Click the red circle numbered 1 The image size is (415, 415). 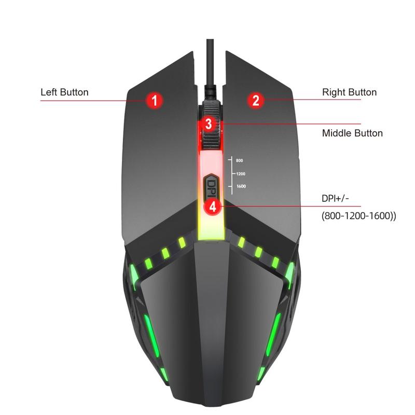[x=154, y=100]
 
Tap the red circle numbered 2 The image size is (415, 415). [x=256, y=100]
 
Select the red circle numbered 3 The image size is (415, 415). [x=209, y=124]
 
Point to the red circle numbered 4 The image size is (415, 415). [x=213, y=206]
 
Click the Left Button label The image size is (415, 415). [x=64, y=92]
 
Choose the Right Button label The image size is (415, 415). [x=349, y=92]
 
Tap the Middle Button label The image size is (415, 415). [x=352, y=133]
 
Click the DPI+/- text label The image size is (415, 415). [x=335, y=198]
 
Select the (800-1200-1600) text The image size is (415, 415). [x=359, y=216]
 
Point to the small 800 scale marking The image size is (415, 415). [x=239, y=160]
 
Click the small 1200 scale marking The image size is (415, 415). [x=241, y=174]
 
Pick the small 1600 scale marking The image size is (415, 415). [x=241, y=186]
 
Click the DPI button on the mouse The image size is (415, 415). [x=211, y=186]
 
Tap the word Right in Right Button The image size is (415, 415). [x=334, y=92]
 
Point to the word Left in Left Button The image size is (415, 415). [x=49, y=92]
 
